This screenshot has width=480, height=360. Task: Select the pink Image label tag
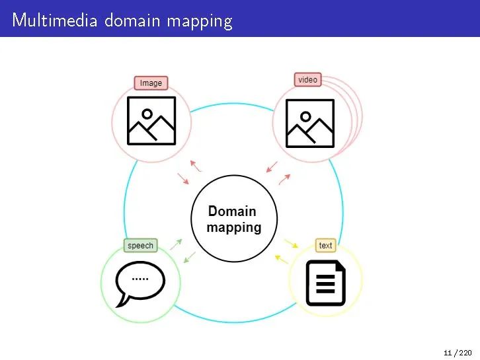tap(151, 83)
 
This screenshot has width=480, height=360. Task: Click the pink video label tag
tap(307, 80)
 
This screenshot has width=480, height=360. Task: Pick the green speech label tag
tap(140, 246)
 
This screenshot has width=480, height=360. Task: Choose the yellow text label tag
tap(325, 246)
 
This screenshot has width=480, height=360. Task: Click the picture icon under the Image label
tap(151, 121)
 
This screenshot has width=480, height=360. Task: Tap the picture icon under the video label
tap(309, 123)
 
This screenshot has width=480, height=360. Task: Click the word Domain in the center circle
tap(232, 211)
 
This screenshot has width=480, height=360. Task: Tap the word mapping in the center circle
tap(234, 228)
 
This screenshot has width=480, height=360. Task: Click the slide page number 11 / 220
tap(458, 353)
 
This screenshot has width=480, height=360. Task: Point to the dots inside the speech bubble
tap(140, 279)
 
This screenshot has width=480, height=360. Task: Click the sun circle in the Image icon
tap(147, 114)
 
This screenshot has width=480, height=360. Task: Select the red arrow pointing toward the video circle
tap(284, 179)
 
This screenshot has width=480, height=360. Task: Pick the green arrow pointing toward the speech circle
tap(188, 256)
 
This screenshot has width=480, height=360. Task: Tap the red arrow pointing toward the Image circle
tap(195, 164)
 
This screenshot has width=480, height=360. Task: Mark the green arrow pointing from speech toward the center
tap(176, 244)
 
